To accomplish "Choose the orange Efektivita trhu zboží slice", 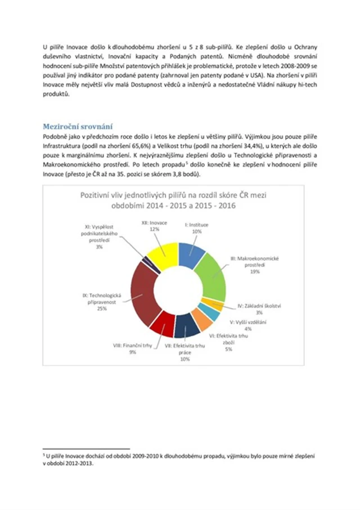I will click(x=201, y=319).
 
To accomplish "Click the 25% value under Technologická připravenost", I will click(x=102, y=308).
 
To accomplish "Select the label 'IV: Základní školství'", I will click(x=259, y=306).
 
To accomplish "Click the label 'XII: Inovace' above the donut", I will click(x=154, y=223).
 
